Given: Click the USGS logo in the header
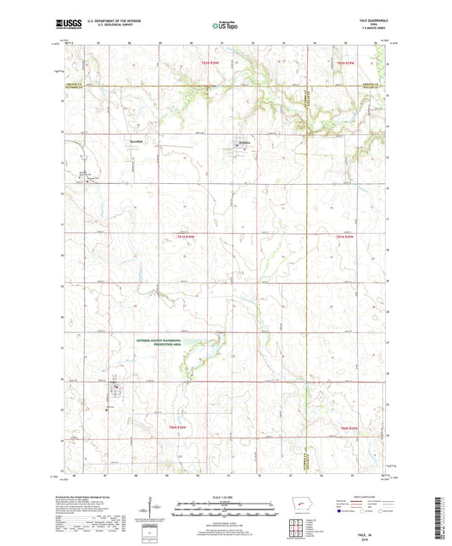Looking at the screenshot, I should [65, 25].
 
